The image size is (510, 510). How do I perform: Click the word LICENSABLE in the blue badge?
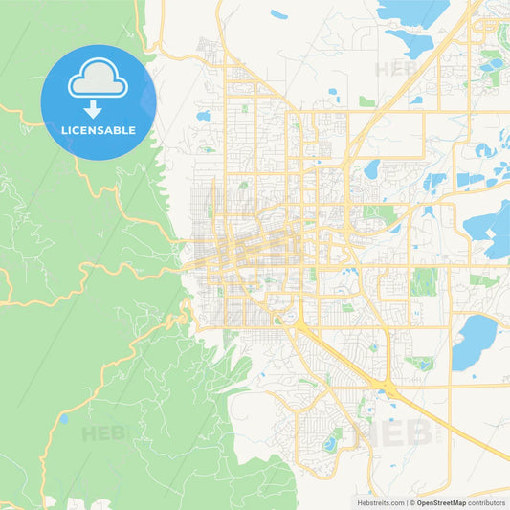coord(99,129)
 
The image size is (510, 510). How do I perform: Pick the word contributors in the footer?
coord(486,502)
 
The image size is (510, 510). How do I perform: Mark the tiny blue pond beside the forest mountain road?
coord(63,419)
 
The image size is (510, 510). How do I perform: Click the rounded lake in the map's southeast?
coord(474,343)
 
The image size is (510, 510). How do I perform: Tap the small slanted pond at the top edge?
coord(278,14)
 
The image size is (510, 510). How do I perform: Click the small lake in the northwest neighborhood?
coord(203,116)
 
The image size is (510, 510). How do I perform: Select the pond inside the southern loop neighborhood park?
coord(331,443)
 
